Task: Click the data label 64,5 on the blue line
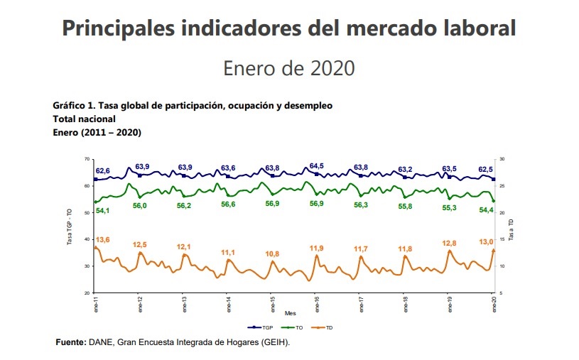[317, 165]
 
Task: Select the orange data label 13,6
[102, 240]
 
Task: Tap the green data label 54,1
[102, 211]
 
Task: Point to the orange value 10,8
[272, 253]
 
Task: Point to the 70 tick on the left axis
[87, 159]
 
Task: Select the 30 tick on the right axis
[502, 159]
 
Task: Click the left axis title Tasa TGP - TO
[70, 227]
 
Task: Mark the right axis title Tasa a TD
[510, 227]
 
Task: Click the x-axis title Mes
[290, 312]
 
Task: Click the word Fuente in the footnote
[71, 342]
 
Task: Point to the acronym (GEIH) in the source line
[274, 342]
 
